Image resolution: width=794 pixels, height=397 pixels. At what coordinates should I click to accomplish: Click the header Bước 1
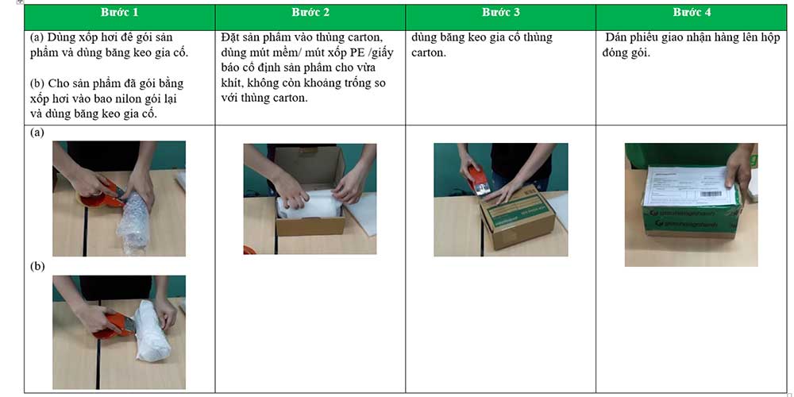(119, 13)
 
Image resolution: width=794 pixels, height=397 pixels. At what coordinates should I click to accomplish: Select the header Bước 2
(310, 13)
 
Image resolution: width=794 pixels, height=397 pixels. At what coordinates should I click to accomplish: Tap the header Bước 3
(501, 13)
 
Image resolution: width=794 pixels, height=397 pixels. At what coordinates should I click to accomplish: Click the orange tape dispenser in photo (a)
(110, 193)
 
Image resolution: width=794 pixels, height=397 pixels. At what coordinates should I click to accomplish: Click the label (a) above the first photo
(37, 133)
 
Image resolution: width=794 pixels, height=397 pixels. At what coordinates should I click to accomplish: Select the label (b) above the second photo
(37, 266)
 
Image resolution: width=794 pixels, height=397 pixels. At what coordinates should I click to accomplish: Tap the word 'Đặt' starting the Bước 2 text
(231, 37)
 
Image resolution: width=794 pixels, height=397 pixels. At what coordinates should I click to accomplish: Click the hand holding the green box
(739, 165)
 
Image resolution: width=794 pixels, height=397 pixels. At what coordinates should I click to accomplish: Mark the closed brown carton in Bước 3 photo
(516, 217)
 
